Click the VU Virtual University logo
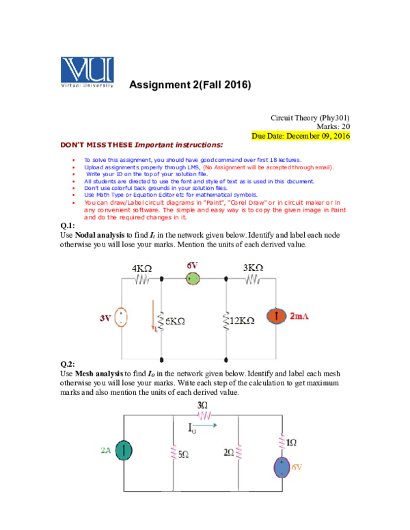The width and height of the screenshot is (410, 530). pos(87,72)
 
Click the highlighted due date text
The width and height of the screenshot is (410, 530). pos(301,136)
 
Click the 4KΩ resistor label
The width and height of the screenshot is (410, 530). pos(142,268)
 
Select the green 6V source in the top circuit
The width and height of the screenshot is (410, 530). pos(193,279)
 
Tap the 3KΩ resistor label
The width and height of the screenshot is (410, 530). pos(253,268)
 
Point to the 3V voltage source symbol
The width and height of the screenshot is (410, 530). pos(121,318)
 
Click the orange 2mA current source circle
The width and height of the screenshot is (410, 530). pos(276,317)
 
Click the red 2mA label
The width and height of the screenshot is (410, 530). pos(299,317)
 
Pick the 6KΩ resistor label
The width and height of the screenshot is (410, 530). pos(175,320)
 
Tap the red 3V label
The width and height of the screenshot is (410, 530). pos(105,318)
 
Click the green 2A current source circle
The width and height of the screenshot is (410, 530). pos(124,450)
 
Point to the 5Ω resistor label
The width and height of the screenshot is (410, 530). pos(183,454)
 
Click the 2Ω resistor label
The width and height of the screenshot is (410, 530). pos(229,452)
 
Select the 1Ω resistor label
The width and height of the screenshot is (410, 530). pos(291,443)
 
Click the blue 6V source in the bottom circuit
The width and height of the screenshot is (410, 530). pos(281,468)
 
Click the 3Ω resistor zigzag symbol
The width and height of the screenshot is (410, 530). pos(204,415)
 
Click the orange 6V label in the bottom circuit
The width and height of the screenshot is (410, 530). pos(297,467)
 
